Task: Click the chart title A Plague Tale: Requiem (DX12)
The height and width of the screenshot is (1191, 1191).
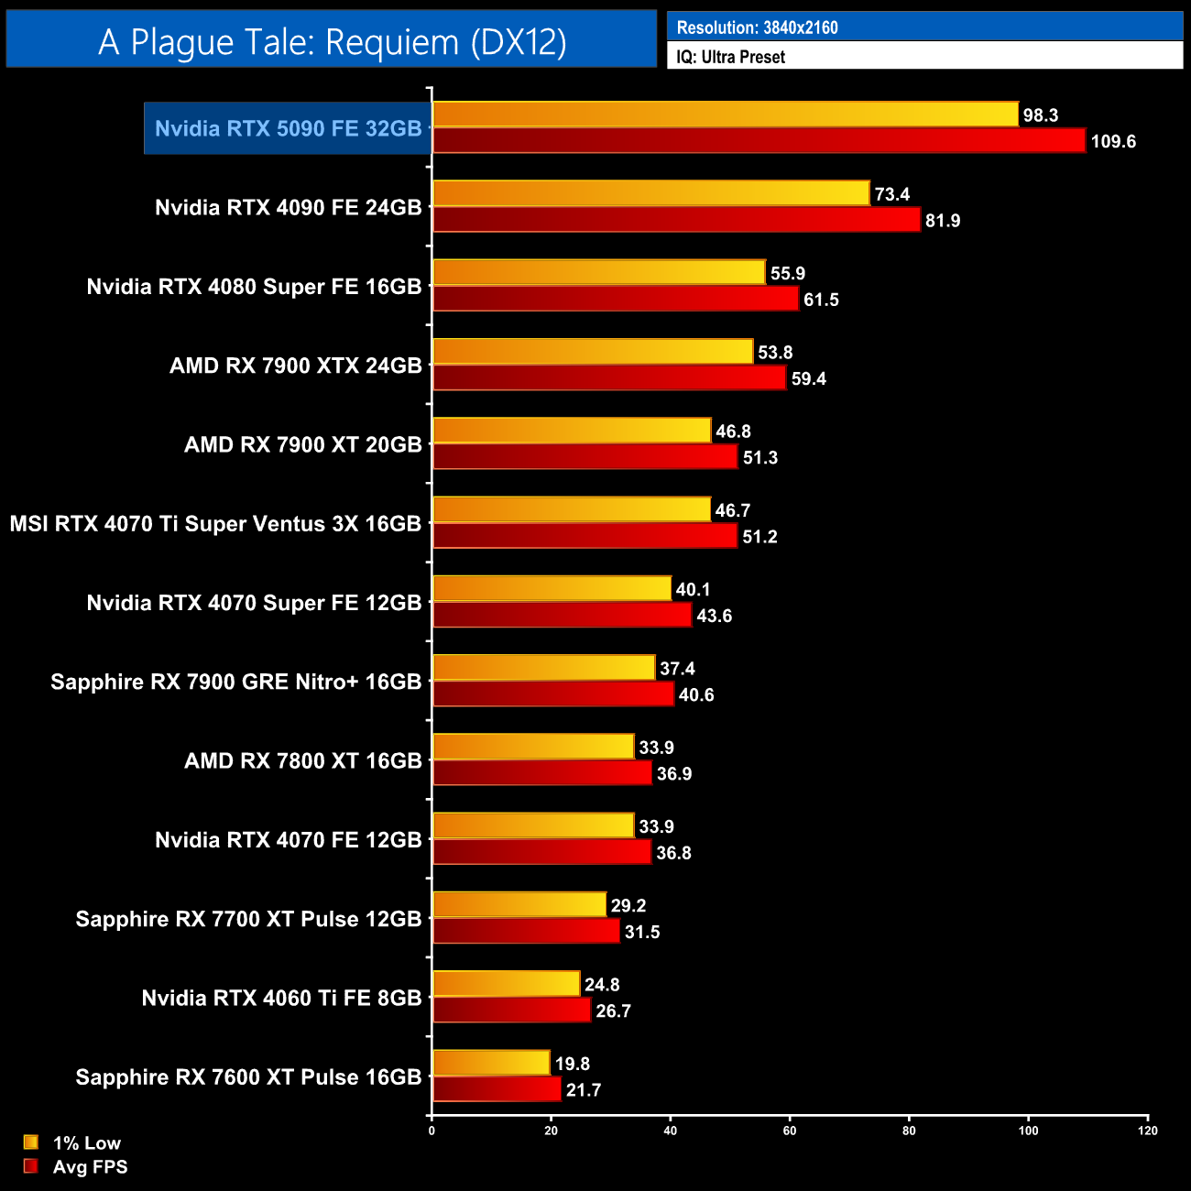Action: coord(332,41)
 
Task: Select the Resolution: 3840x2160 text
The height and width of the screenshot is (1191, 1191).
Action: coord(757,27)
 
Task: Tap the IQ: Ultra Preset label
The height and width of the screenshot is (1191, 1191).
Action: coord(730,57)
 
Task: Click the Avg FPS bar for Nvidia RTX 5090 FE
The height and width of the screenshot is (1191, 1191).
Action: coord(759,141)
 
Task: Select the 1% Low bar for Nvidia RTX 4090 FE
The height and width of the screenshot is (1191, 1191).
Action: coord(650,193)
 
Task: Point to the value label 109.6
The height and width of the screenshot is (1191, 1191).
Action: coord(1113,142)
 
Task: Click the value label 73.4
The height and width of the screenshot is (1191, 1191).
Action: coord(891,194)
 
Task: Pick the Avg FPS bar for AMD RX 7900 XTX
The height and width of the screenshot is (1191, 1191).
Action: coord(609,378)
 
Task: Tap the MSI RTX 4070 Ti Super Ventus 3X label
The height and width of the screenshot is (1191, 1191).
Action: coord(215,524)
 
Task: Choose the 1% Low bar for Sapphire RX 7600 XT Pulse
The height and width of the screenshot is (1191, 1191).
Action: coord(491,1063)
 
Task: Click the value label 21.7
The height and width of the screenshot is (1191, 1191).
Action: coord(584,1090)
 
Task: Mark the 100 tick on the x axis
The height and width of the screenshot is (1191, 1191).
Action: coord(1028,1131)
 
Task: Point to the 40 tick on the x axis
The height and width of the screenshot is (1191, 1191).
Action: coord(671,1131)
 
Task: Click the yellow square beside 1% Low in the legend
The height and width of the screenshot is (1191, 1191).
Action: coord(31,1142)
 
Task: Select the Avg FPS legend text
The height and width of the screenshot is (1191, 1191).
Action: coord(90,1167)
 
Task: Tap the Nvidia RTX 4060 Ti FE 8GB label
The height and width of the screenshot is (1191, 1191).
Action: coord(281,998)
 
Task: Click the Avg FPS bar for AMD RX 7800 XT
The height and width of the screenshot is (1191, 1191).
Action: coord(541,773)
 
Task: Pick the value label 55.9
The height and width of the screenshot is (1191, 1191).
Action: coord(787,274)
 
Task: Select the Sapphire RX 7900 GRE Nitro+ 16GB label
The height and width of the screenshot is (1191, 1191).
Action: coord(235,682)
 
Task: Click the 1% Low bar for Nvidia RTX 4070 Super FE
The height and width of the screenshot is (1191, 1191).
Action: coord(552,588)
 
